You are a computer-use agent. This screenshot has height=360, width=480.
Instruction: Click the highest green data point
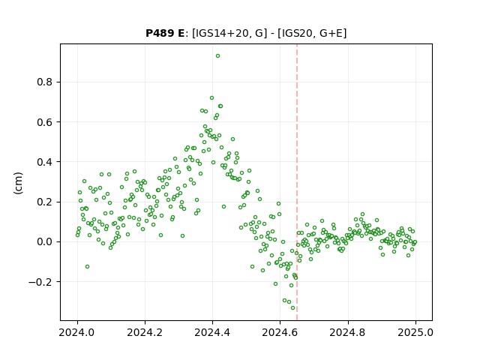(x=217, y=56)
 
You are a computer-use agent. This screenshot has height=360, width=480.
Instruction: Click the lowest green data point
(x=292, y=308)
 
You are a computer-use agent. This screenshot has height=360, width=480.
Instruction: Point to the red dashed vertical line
(x=297, y=182)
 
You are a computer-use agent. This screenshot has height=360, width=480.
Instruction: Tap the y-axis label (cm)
(x=18, y=183)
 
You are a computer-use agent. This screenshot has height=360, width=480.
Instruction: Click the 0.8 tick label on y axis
(x=45, y=82)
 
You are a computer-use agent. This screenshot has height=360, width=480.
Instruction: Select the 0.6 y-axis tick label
(x=45, y=122)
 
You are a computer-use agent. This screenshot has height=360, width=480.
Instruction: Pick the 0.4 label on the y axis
(x=45, y=162)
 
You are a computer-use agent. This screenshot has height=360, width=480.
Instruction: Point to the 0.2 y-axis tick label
(x=45, y=202)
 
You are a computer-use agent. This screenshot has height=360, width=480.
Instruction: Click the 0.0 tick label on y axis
(x=45, y=241)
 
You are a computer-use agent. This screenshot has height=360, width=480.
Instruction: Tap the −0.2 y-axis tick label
(x=40, y=282)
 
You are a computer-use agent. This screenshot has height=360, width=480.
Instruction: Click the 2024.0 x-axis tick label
(x=77, y=332)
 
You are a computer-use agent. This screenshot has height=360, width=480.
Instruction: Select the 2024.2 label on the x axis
(x=145, y=332)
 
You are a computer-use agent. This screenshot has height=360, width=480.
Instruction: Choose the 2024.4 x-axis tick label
(x=212, y=332)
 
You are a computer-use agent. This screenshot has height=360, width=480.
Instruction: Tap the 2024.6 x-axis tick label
(x=280, y=332)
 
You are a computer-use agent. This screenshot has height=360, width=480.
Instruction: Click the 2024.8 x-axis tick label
(x=348, y=332)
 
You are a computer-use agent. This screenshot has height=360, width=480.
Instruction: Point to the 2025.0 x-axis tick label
(x=415, y=332)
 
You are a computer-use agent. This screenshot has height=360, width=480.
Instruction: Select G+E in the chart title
(x=331, y=33)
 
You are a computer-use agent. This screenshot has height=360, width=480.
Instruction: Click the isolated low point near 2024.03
(x=87, y=267)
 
